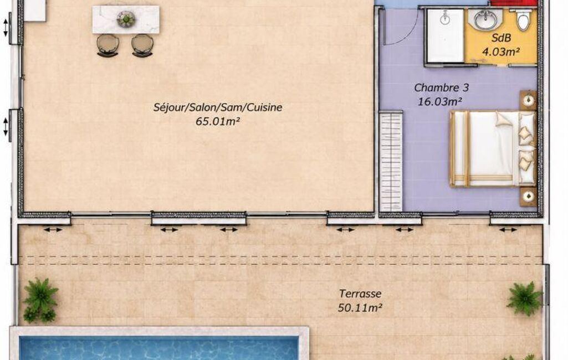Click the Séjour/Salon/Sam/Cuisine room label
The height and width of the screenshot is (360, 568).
click(x=218, y=107)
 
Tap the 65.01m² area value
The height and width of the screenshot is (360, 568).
click(x=218, y=121)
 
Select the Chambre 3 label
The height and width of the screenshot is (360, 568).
click(x=441, y=88)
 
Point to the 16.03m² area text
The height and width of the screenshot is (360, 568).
click(x=440, y=102)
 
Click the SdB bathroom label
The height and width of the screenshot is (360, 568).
click(x=501, y=38)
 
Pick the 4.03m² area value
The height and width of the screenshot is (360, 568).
click(x=501, y=52)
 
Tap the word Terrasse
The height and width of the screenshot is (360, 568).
click(x=360, y=294)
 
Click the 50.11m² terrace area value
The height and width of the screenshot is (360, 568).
click(x=360, y=308)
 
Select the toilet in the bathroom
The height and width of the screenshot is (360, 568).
click(x=524, y=19)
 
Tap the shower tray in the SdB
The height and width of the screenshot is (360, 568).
click(x=445, y=35)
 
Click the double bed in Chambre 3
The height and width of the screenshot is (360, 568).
click(x=493, y=149)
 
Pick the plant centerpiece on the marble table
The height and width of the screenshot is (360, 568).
click(x=126, y=18)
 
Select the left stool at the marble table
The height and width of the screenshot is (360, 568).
click(x=108, y=45)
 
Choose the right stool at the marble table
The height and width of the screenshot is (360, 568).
click(x=142, y=45)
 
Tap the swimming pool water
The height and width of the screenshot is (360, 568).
click(x=160, y=348)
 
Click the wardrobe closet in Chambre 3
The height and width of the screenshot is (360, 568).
click(x=391, y=162)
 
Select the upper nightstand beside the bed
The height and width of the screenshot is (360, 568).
click(x=529, y=100)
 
